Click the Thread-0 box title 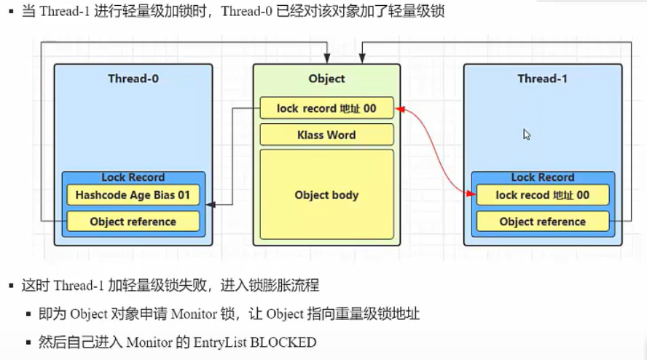pos(133,79)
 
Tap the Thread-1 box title pos(542,79)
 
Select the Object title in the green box pos(326,79)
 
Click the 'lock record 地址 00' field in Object pos(326,109)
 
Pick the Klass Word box pos(326,135)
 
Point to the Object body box pos(326,195)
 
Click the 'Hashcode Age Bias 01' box pos(133,195)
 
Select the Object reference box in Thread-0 pos(133,222)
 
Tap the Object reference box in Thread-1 pos(542,222)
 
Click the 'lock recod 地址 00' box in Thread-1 pos(542,195)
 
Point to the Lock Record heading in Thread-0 pos(133,177)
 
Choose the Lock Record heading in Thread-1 pos(542,177)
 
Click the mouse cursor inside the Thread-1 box pos(526,134)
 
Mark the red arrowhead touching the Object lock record pos(399,110)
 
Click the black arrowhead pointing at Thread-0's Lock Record pos(210,206)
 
